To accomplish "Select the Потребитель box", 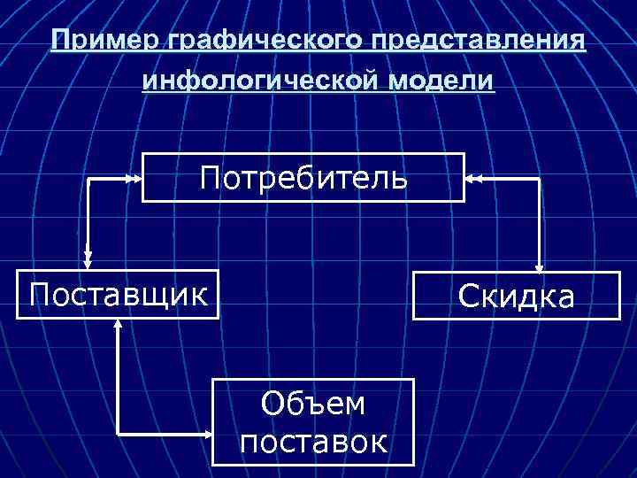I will tap(303, 178).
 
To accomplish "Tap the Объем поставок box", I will tap(313, 422).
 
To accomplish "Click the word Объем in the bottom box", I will tap(313, 404).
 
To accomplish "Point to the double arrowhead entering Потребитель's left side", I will tap(134, 178).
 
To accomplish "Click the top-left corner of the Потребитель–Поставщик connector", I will tap(88, 178).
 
